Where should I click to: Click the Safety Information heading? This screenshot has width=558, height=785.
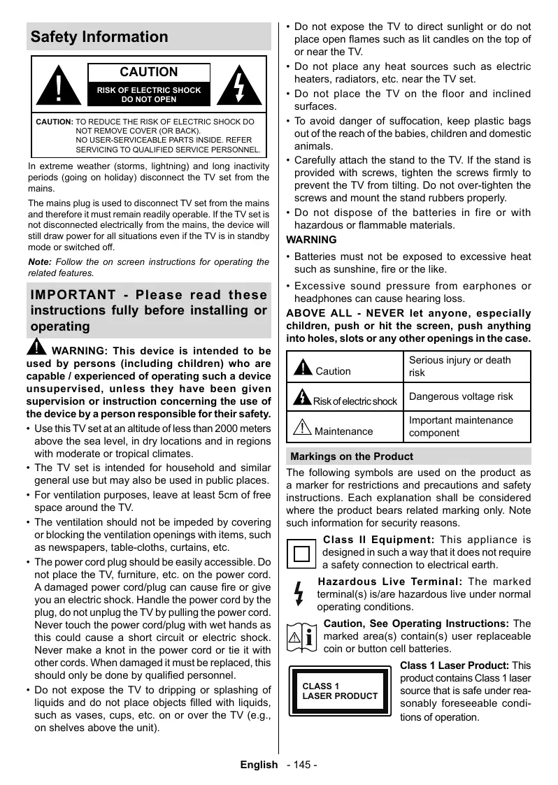click(x=99, y=37)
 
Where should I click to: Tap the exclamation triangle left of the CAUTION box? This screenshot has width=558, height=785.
click(x=59, y=87)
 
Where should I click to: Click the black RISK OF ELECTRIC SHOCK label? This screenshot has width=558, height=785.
click(x=148, y=94)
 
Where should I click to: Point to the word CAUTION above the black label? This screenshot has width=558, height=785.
click(x=148, y=72)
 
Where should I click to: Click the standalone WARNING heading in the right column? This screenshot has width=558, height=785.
click(x=311, y=240)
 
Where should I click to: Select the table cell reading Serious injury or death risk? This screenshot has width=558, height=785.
click(x=468, y=366)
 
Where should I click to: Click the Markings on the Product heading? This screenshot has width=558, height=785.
click(x=352, y=456)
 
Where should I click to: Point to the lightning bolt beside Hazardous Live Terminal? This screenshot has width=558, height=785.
click(x=299, y=592)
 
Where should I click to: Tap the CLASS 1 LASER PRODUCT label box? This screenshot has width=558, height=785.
click(x=340, y=691)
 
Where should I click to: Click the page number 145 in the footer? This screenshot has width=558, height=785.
click(x=302, y=765)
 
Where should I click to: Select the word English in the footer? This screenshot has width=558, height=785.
click(x=259, y=765)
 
